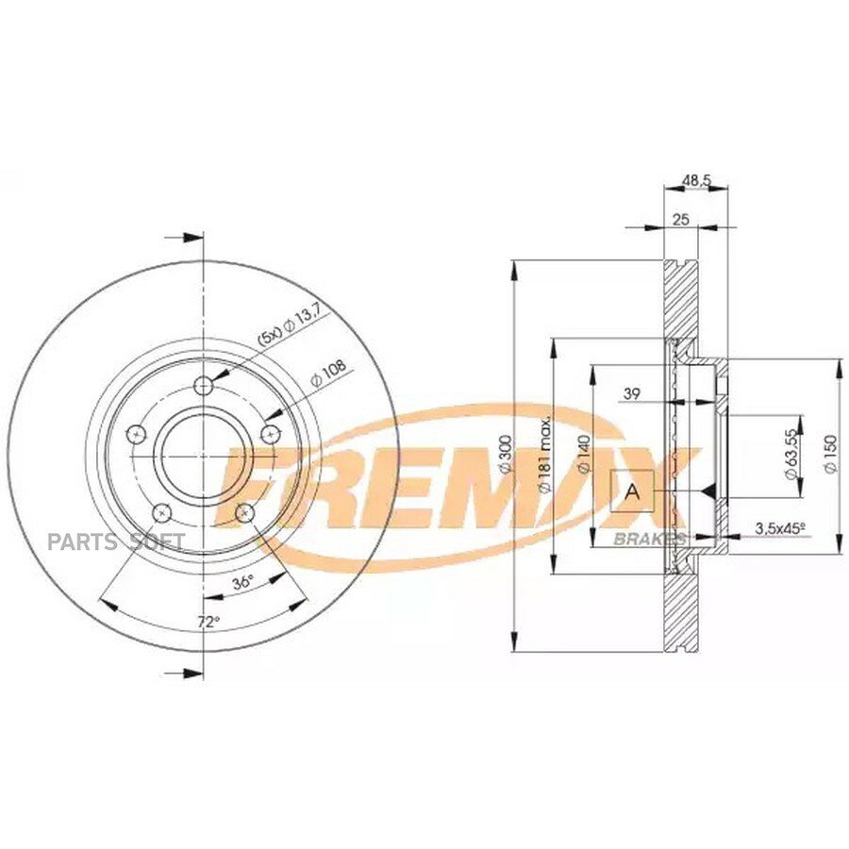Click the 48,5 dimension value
click(696, 181)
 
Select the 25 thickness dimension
click(680, 219)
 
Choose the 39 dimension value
click(632, 393)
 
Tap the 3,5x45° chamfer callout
click(780, 526)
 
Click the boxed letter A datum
click(632, 491)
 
